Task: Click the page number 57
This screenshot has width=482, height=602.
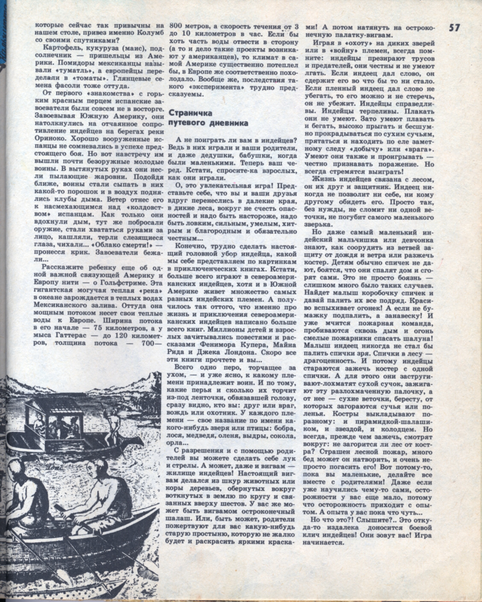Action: [x=454, y=28]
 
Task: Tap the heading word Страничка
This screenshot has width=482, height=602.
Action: [x=191, y=113]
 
